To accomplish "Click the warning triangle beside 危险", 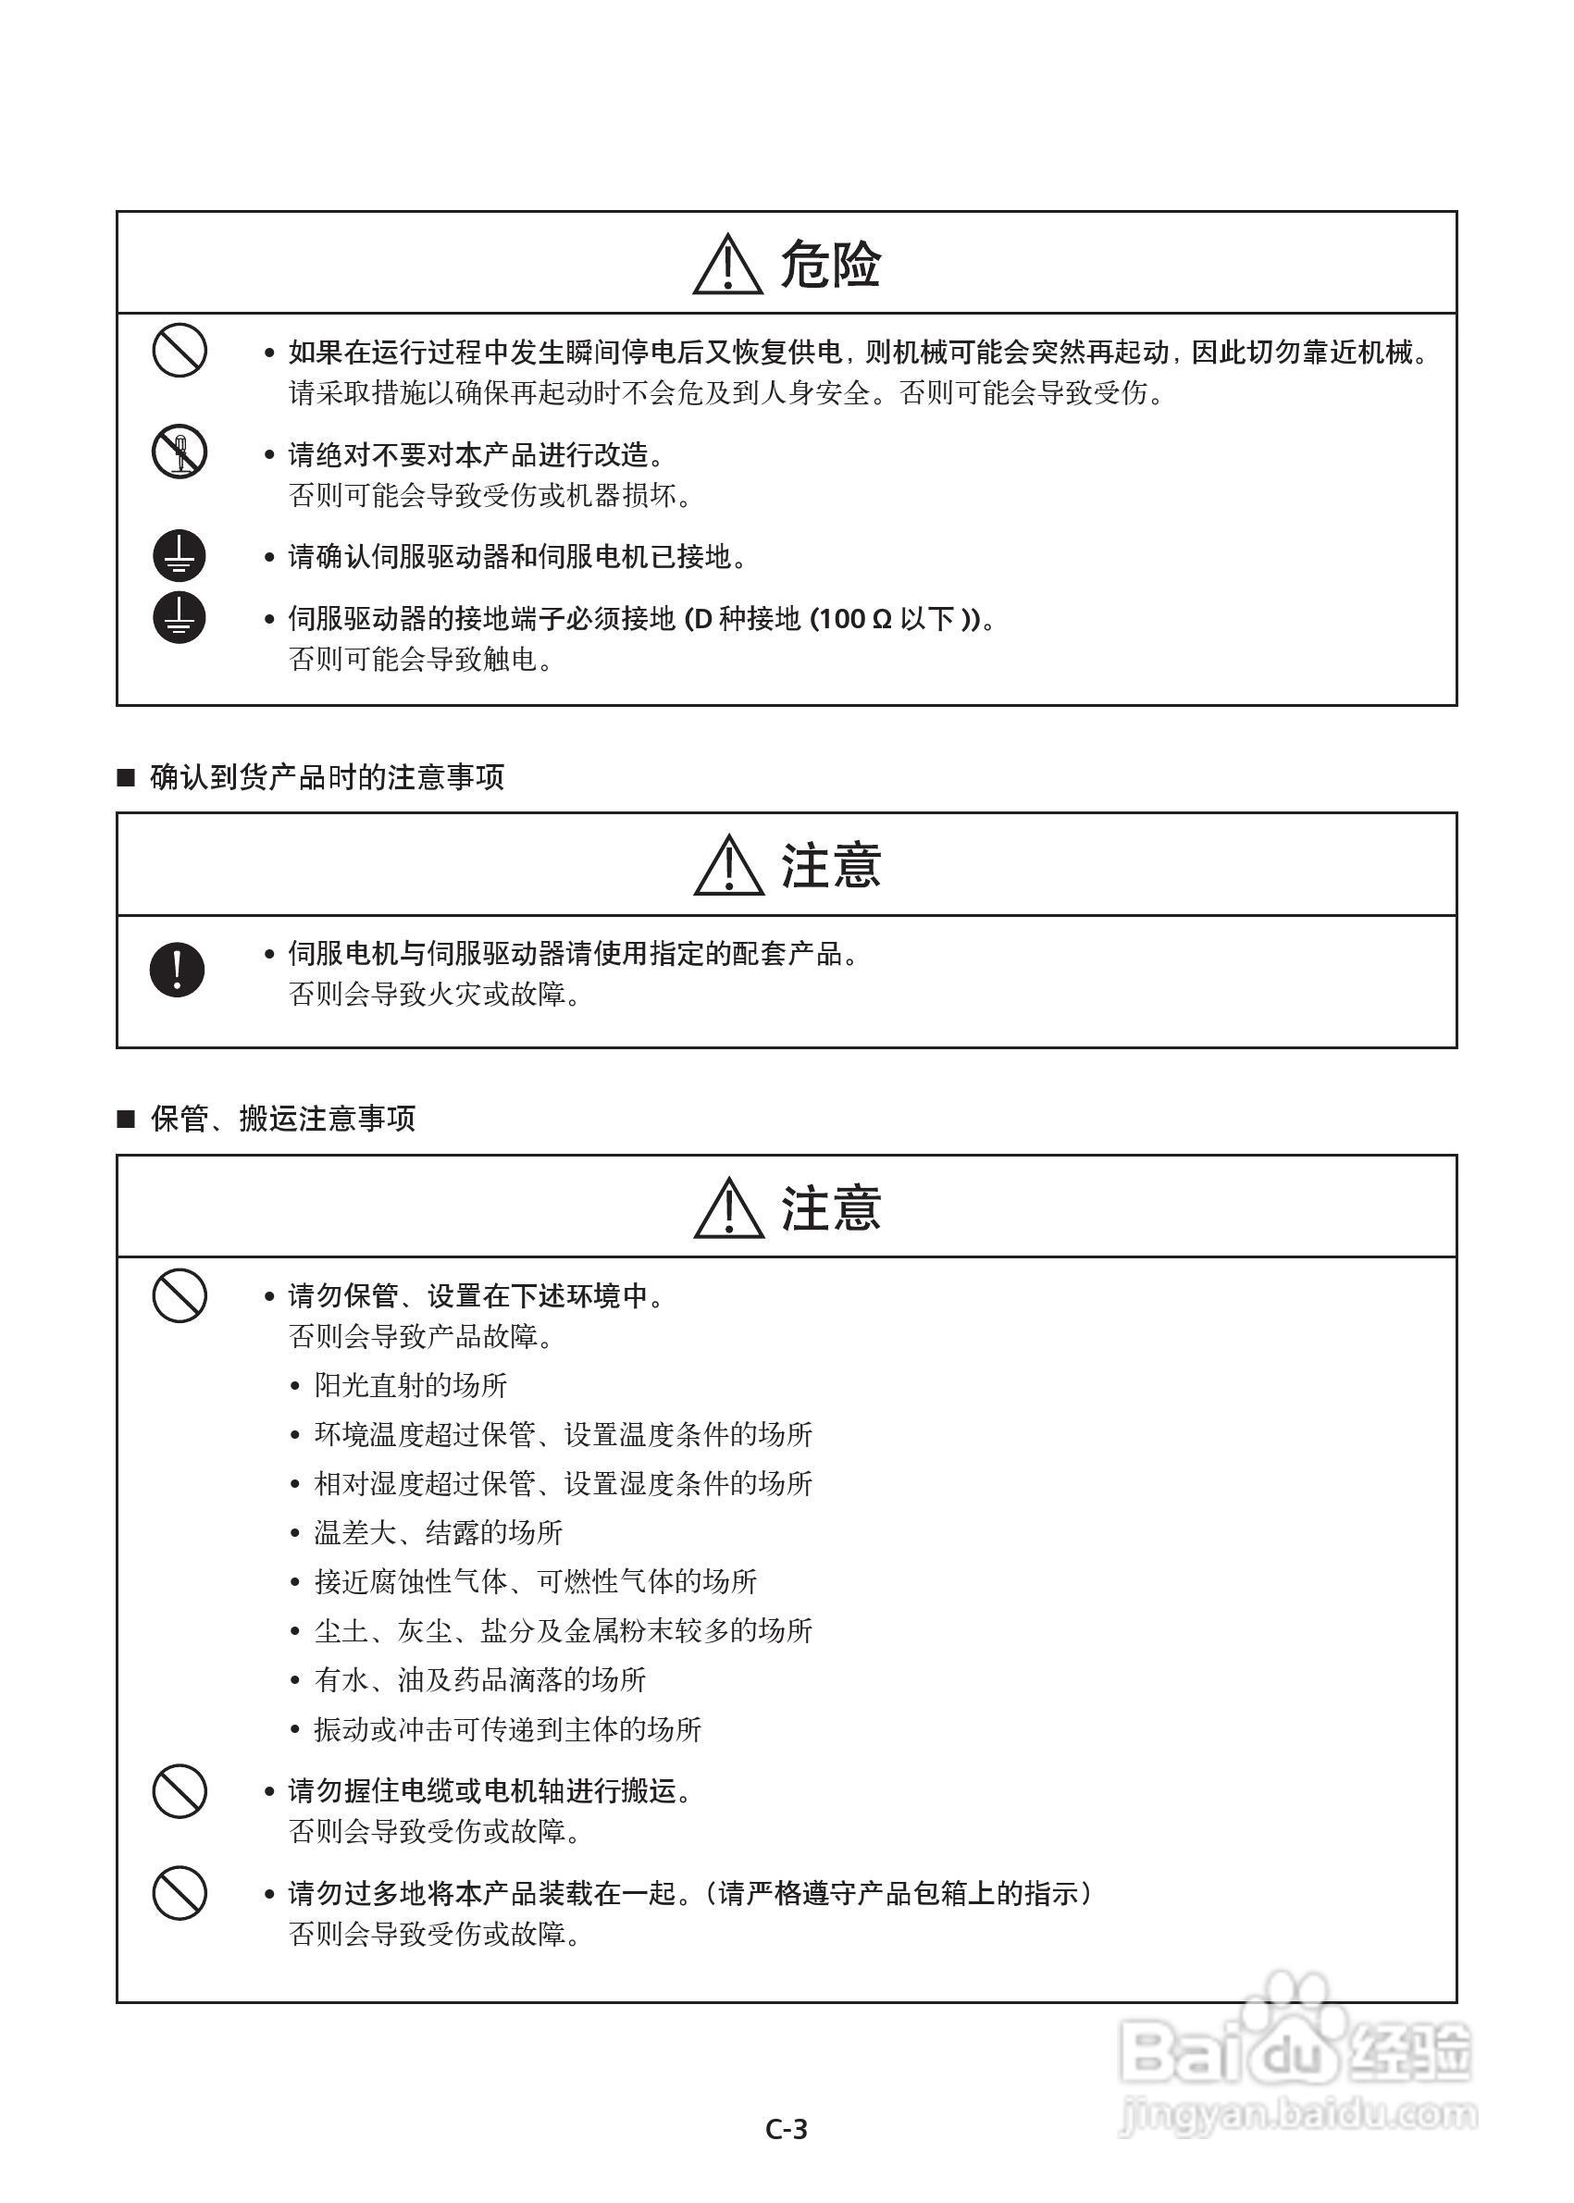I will (x=728, y=265).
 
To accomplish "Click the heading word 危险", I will (x=831, y=265).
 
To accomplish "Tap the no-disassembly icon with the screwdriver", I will (x=180, y=452).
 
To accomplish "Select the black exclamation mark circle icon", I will (x=178, y=970).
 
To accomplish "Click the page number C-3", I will (x=786, y=2129).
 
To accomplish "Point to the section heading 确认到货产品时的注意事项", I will (x=327, y=777).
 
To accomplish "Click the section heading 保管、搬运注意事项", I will (x=283, y=1119).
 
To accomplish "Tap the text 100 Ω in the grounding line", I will (x=852, y=618).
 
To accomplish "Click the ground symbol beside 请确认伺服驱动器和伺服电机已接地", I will (x=180, y=556).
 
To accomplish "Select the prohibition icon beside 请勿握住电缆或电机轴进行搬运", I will (x=180, y=1791).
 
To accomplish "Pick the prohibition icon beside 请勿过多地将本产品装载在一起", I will (x=180, y=1893).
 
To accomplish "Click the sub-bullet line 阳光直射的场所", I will (x=411, y=1385).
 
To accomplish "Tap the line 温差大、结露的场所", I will (x=438, y=1532).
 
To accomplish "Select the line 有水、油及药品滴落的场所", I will (x=479, y=1679).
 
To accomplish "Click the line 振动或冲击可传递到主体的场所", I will (x=508, y=1729).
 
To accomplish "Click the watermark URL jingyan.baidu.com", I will (x=1299, y=2114).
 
